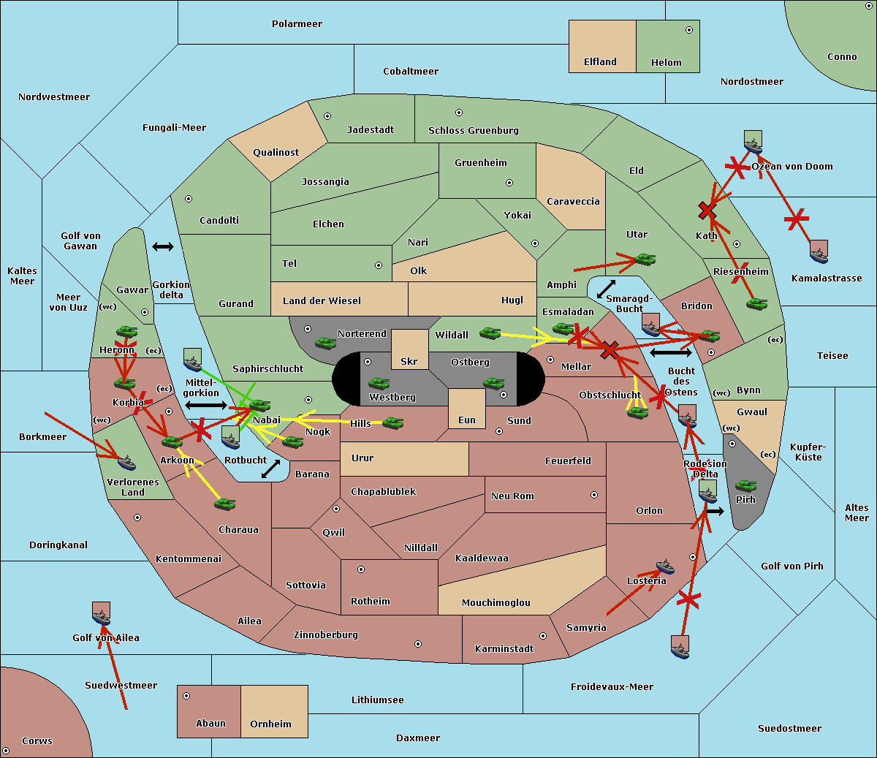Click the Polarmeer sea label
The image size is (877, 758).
click(x=297, y=24)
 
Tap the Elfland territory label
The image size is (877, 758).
click(x=600, y=62)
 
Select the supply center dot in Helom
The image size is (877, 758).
click(x=688, y=30)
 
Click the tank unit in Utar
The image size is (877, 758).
click(x=645, y=259)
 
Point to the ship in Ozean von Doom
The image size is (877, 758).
click(x=753, y=143)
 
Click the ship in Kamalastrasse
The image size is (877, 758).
click(x=819, y=252)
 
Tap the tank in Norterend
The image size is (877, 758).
click(x=326, y=343)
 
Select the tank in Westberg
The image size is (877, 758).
click(x=379, y=384)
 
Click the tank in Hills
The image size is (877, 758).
click(x=393, y=422)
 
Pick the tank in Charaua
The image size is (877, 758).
click(x=225, y=504)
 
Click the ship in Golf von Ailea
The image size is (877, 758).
click(x=102, y=614)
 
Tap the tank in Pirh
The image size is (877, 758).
click(x=745, y=485)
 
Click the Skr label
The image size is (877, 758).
click(x=409, y=362)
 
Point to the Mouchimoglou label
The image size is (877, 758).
click(x=496, y=603)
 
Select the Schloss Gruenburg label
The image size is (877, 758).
click(x=473, y=131)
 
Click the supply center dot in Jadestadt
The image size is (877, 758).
click(x=327, y=116)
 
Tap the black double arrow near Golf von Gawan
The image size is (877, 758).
click(x=163, y=246)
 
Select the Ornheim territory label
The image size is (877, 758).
click(x=270, y=724)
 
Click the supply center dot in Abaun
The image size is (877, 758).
click(x=186, y=696)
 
